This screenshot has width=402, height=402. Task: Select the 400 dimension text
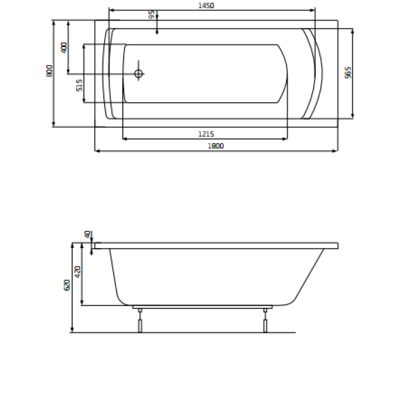pyautogui.click(x=64, y=48)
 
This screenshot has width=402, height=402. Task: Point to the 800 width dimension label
pyautogui.click(x=49, y=71)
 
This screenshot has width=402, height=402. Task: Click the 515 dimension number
pyautogui.click(x=80, y=84)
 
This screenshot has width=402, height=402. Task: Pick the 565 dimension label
pyautogui.click(x=347, y=72)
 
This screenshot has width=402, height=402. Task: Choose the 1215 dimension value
pyautogui.click(x=206, y=134)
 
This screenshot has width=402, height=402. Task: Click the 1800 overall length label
pyautogui.click(x=215, y=146)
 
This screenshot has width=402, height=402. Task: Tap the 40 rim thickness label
pyautogui.click(x=87, y=234)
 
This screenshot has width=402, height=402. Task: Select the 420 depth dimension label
pyautogui.click(x=79, y=272)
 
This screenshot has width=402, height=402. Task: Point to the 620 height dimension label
pyautogui.click(x=67, y=285)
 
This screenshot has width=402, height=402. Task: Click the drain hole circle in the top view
pyautogui.click(x=138, y=74)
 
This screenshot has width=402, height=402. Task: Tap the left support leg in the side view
pyautogui.click(x=139, y=321)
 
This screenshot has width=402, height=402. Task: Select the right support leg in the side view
pyautogui.click(x=265, y=321)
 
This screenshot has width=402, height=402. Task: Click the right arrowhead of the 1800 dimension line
pyautogui.click(x=335, y=151)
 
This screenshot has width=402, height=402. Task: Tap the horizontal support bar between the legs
pyautogui.click(x=202, y=307)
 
